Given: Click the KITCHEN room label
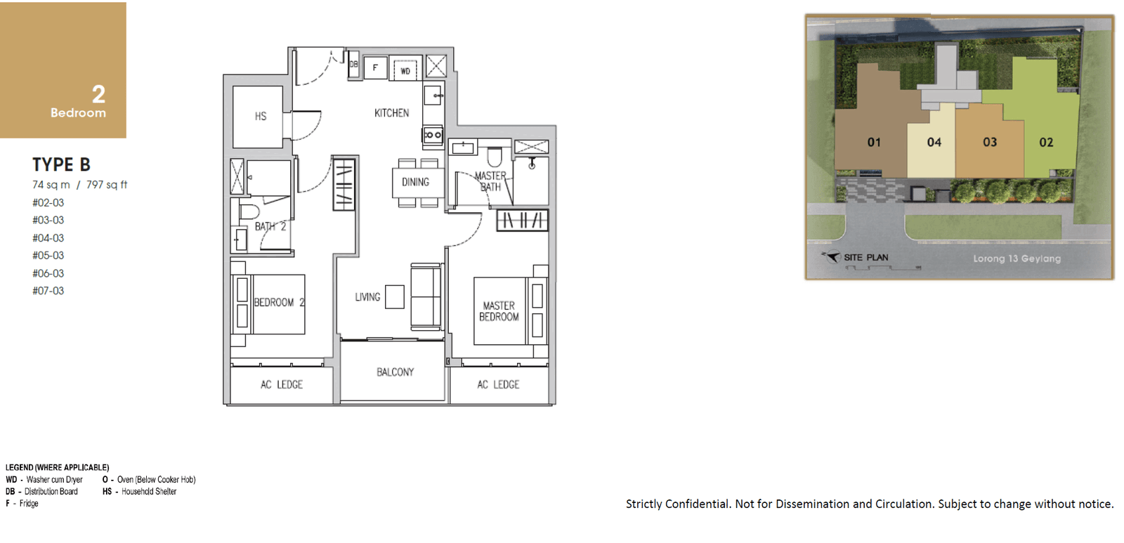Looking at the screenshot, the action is (x=391, y=113).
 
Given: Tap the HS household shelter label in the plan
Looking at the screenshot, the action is (x=261, y=117).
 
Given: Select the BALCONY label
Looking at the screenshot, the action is (x=396, y=372).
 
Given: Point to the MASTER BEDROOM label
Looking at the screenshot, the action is (x=499, y=311).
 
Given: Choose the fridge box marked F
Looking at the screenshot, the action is (x=375, y=67).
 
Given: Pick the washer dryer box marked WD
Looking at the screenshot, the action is (x=405, y=68).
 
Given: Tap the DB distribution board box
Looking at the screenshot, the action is (x=354, y=64).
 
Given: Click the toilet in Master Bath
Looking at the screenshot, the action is (x=495, y=157).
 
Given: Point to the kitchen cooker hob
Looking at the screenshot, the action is (x=433, y=135).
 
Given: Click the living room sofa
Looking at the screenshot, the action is (x=426, y=296).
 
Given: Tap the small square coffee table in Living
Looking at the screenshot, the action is (x=395, y=296).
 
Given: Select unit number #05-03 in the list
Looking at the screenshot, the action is (x=48, y=256).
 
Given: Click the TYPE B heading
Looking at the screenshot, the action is (x=61, y=164).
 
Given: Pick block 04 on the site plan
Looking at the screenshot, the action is (x=934, y=142).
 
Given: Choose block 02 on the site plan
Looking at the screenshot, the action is (x=1046, y=142).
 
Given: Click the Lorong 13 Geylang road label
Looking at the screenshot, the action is (x=1017, y=259).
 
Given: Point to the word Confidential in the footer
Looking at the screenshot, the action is (x=698, y=504).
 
